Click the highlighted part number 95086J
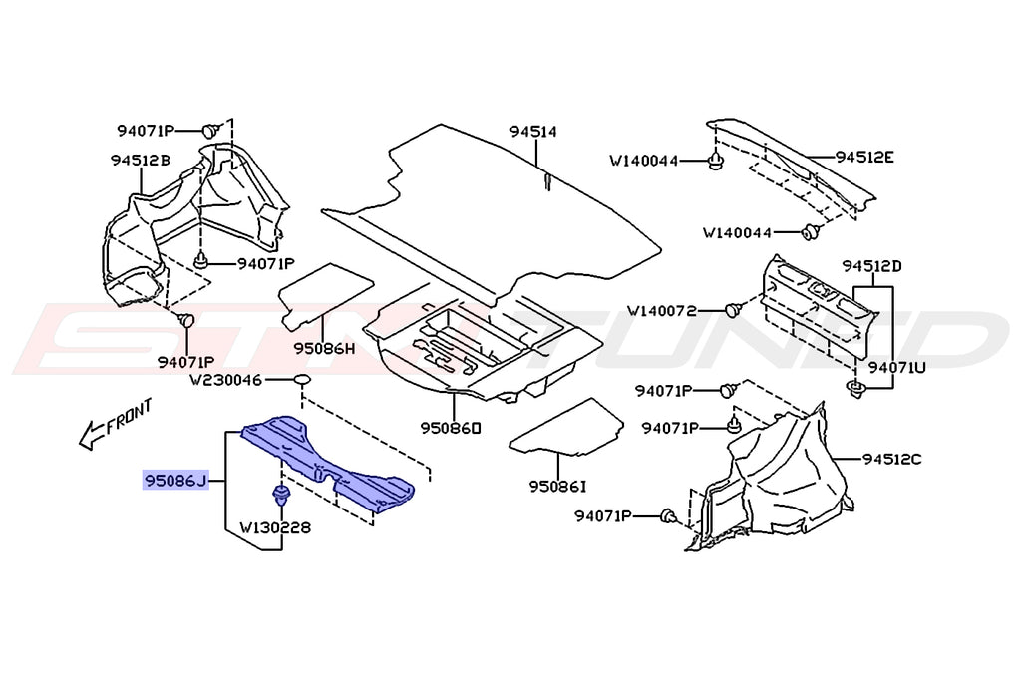click(176, 482)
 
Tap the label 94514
click(532, 132)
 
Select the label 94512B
click(140, 160)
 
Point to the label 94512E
click(864, 157)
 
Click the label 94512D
click(871, 266)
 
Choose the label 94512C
click(892, 459)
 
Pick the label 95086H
click(324, 349)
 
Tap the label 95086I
click(558, 486)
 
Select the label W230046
click(227, 380)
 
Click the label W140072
click(675, 310)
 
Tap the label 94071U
click(896, 367)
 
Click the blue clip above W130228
click(279, 493)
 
